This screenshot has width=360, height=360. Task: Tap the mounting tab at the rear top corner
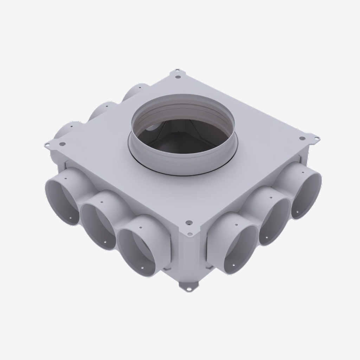click(178, 74)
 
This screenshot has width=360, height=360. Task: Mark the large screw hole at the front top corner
click(189, 223)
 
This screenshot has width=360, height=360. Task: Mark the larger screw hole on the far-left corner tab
click(62, 143)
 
